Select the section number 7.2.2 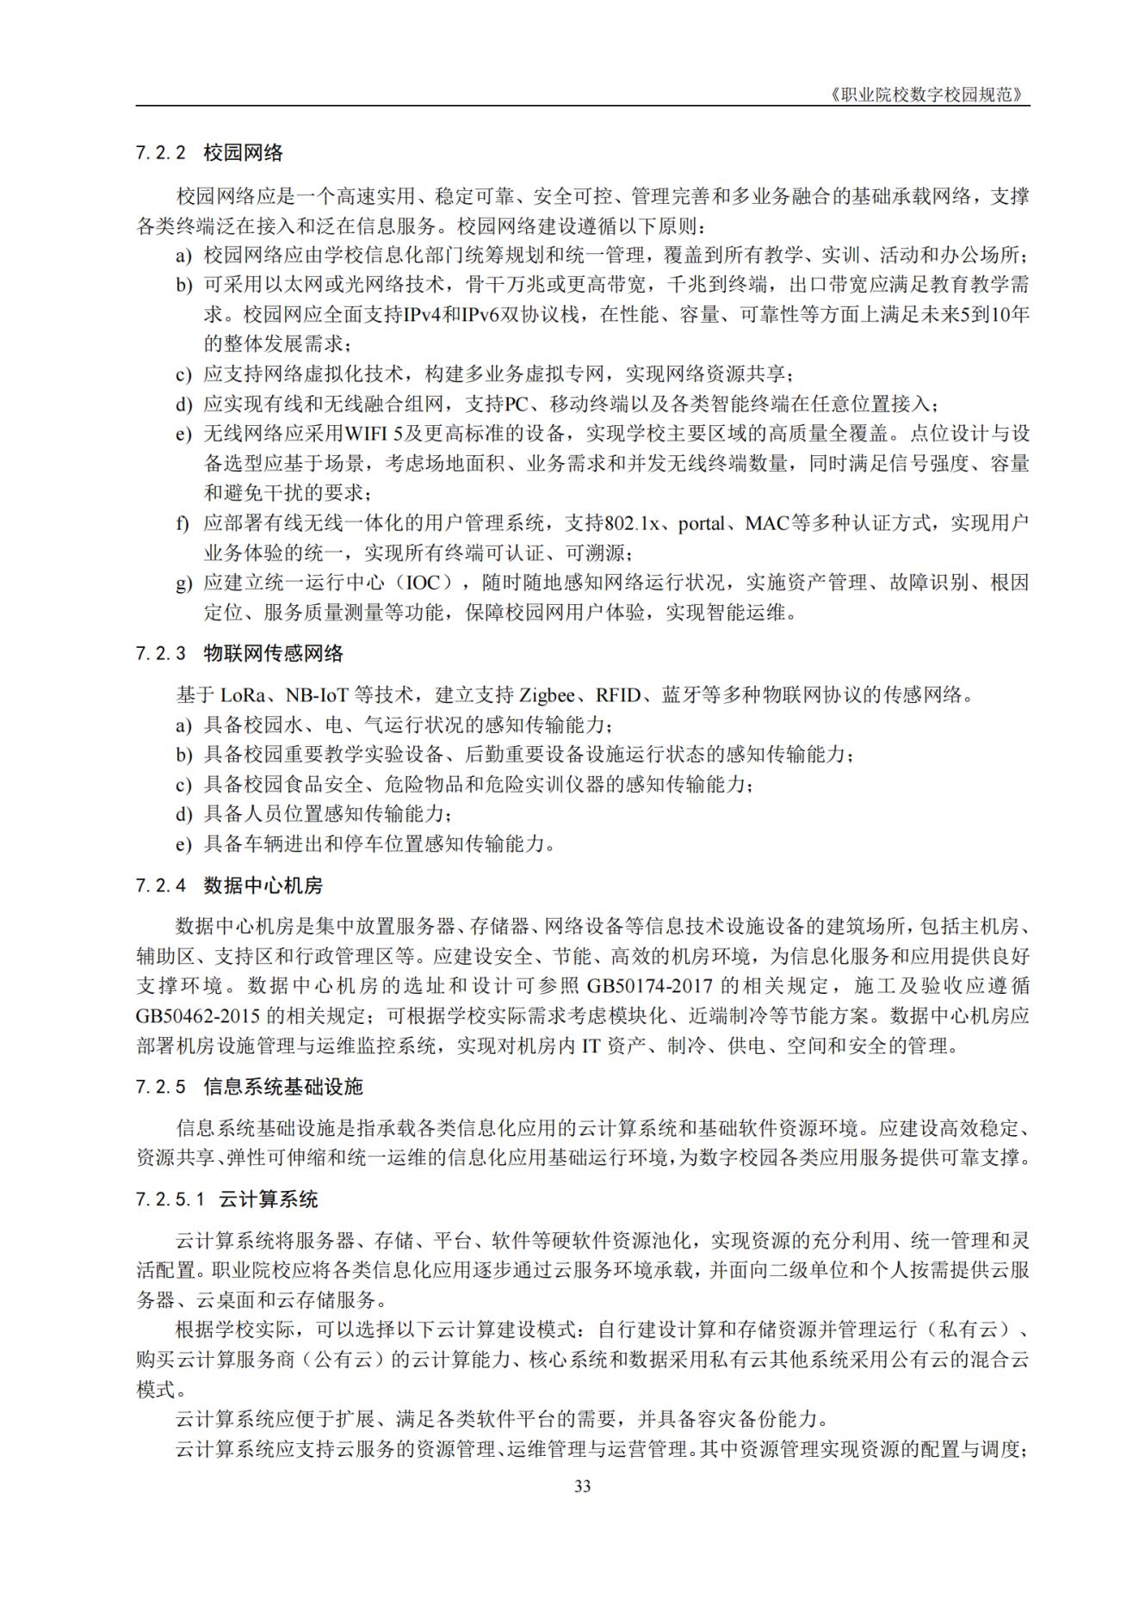[x=161, y=153]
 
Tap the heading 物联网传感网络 [x=273, y=653]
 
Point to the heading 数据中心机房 [x=263, y=885]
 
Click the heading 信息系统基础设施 [x=283, y=1086]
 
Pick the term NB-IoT [x=322, y=694]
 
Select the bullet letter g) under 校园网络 [x=183, y=583]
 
